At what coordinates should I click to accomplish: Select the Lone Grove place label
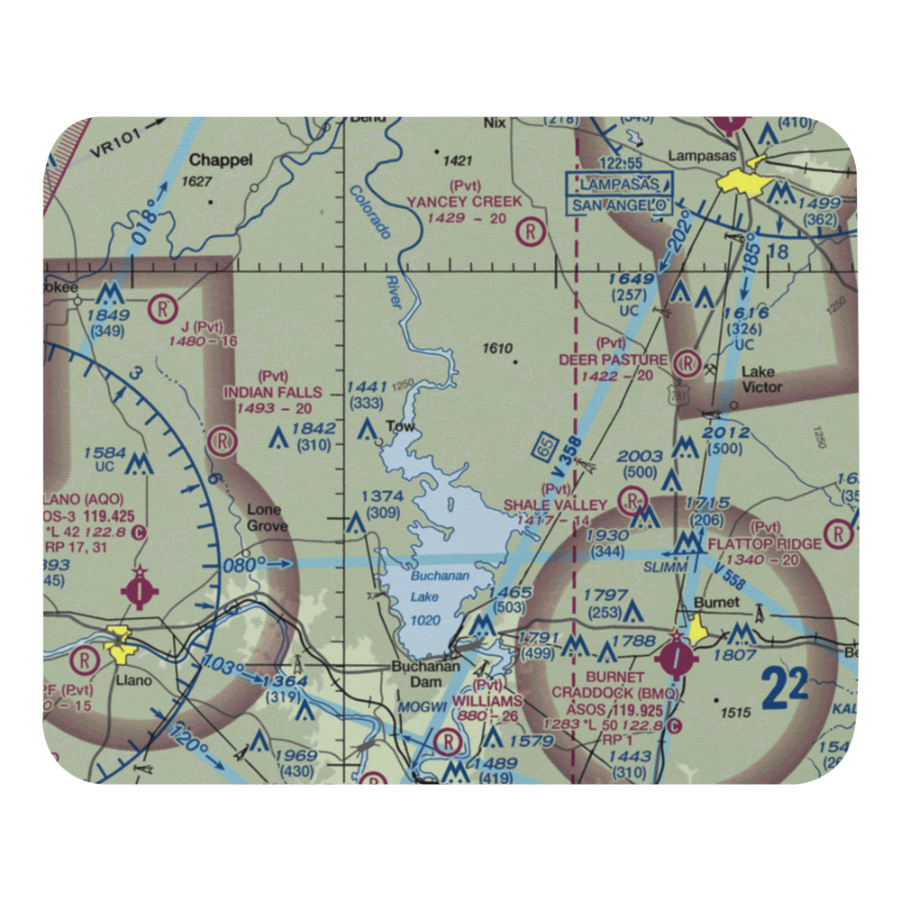point(267,518)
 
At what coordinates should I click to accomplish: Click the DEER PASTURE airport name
point(613,359)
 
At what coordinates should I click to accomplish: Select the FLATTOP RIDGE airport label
point(764,543)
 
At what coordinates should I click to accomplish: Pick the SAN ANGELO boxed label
point(619,205)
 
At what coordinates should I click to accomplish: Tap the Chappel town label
point(221,160)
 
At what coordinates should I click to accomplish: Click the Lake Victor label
point(761,379)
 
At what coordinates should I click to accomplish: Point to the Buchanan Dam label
point(425,675)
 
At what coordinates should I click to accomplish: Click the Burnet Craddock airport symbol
point(676,659)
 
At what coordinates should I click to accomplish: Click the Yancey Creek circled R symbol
point(532,232)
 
